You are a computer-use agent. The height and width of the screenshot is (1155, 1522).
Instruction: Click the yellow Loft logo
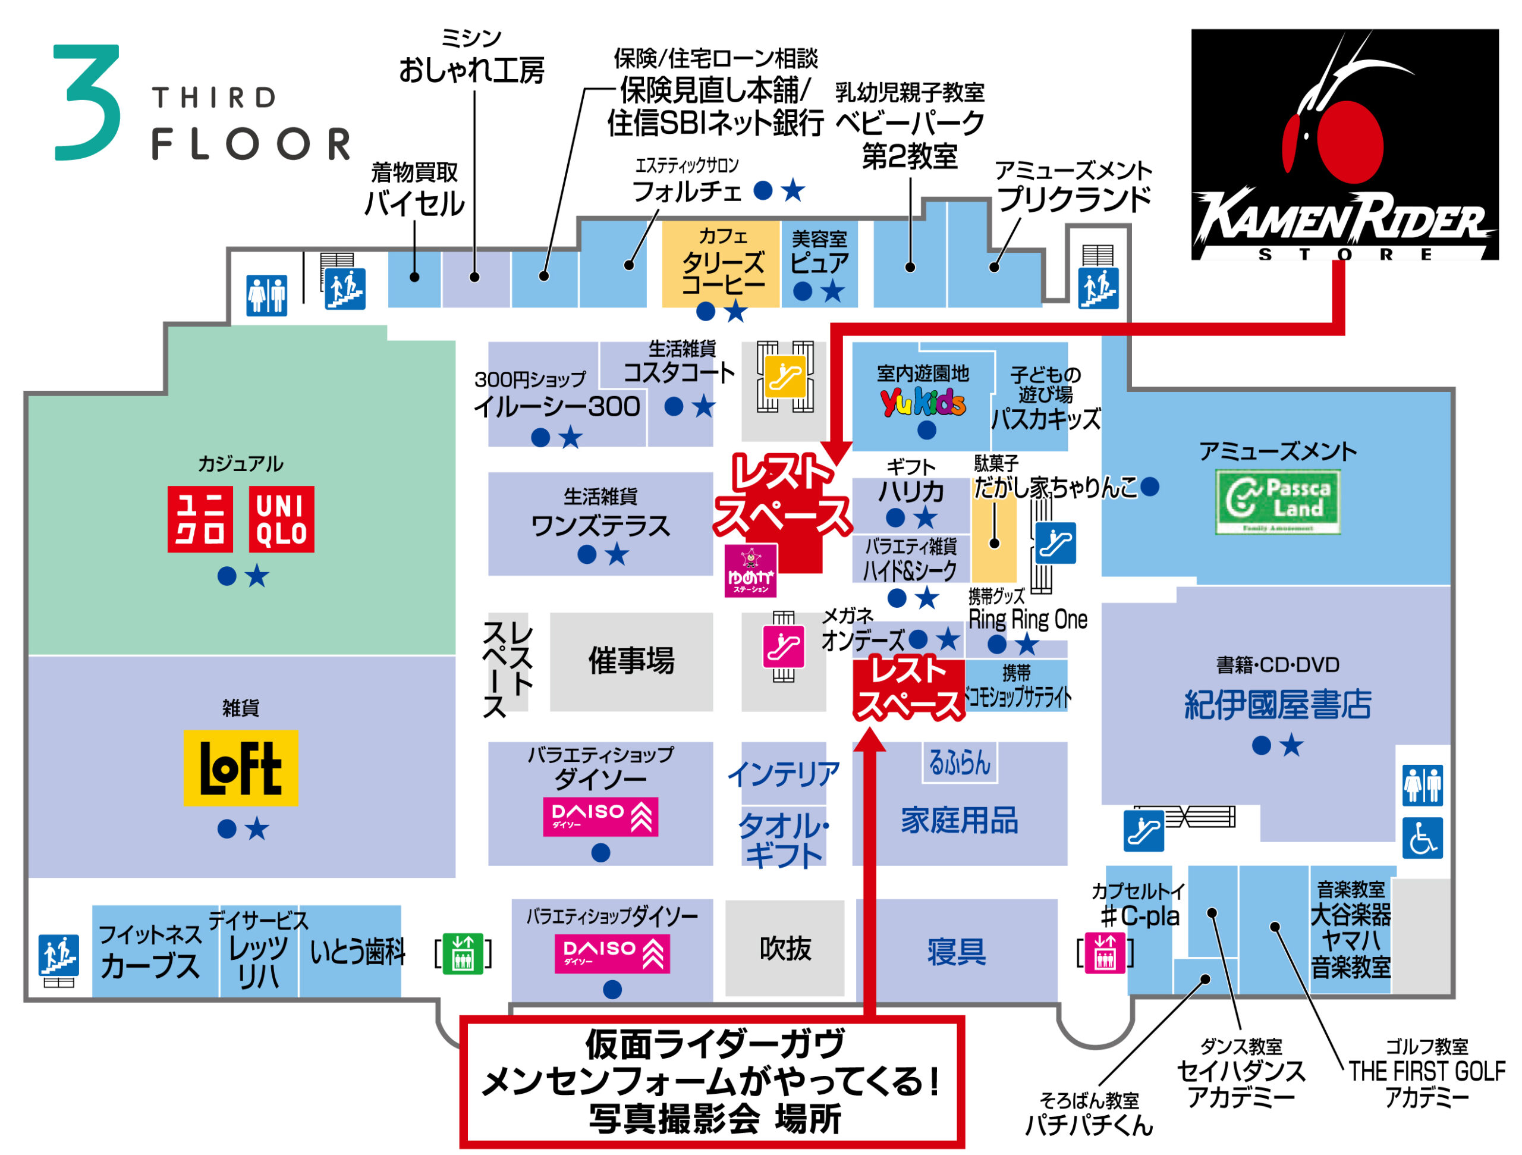(x=240, y=767)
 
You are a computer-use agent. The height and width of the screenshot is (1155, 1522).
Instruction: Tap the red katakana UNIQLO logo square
(x=200, y=519)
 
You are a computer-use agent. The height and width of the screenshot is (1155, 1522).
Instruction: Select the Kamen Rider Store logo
(x=1344, y=145)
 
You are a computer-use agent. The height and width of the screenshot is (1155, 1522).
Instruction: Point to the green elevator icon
(x=463, y=953)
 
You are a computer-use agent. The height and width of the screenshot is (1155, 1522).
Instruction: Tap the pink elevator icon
(x=1105, y=953)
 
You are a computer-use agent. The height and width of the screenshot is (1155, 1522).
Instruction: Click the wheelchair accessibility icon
(x=1422, y=837)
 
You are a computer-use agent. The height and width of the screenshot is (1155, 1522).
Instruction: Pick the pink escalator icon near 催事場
(x=784, y=646)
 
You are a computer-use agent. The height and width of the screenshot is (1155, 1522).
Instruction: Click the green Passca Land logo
(x=1278, y=502)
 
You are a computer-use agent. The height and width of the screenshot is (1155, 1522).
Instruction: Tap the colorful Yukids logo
(x=923, y=401)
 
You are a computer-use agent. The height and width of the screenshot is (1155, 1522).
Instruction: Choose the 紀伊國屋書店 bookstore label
(x=1277, y=705)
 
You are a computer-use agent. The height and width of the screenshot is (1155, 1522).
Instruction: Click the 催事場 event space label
(x=631, y=661)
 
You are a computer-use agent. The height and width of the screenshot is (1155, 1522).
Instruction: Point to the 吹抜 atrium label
(x=785, y=949)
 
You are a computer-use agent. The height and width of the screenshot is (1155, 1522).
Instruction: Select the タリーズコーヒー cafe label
(x=722, y=272)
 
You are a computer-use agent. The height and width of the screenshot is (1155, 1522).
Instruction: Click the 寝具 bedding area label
(x=957, y=952)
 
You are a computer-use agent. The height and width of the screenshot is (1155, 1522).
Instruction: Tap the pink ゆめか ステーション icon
(x=751, y=570)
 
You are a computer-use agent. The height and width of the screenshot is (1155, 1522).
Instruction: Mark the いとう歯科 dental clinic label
(x=357, y=953)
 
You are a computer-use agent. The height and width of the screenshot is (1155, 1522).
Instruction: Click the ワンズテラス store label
(x=600, y=526)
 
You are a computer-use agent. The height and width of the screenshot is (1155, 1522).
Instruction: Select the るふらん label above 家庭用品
(x=959, y=763)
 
